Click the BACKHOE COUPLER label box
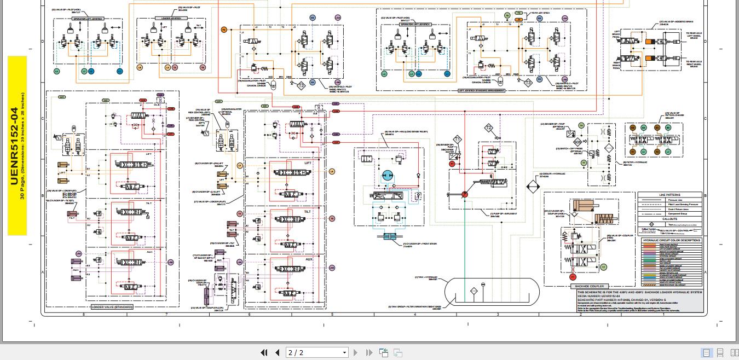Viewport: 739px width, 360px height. point(589,286)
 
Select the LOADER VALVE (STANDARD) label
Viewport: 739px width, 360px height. point(112,307)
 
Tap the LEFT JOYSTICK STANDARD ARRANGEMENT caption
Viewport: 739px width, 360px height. point(481,91)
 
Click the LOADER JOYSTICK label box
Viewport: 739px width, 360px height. point(171,19)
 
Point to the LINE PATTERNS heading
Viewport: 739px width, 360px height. point(669,195)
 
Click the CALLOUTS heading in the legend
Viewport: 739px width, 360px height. point(669,219)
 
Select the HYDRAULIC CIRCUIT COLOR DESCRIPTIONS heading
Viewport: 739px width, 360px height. point(671,240)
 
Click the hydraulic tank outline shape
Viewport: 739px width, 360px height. point(492,291)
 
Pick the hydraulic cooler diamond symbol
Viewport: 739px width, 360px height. point(533,187)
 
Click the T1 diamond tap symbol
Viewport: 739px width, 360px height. point(457,140)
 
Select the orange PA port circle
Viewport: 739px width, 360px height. point(223,30)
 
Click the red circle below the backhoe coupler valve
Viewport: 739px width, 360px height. point(573,277)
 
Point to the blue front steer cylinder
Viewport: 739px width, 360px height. point(390,236)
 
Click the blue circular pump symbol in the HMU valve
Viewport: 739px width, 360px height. point(387,176)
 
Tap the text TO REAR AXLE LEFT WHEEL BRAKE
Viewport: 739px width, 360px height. point(694,36)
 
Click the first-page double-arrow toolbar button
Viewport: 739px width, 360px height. point(264,353)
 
